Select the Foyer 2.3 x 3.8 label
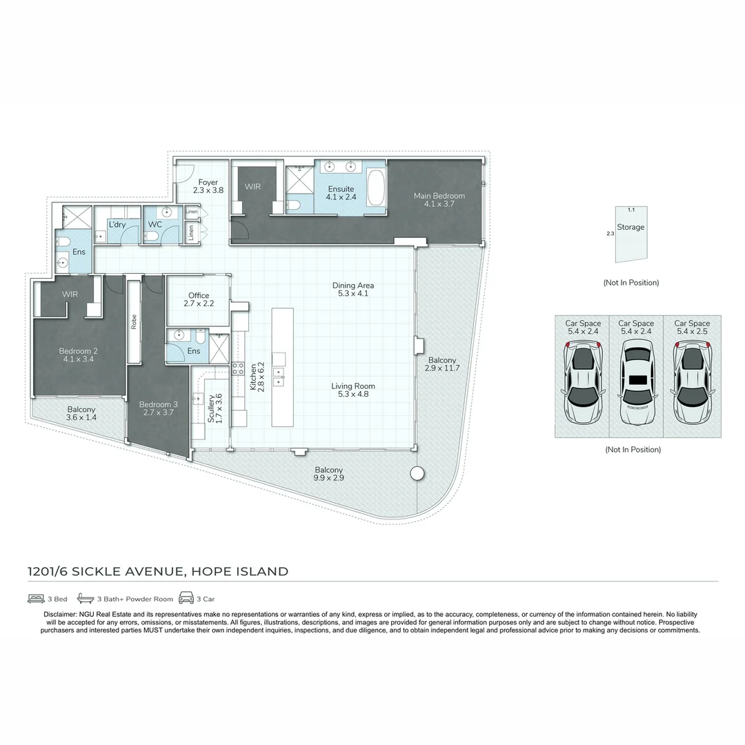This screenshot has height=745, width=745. click(208, 186)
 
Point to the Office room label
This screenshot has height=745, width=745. click(199, 299)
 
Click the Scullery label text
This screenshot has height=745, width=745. click(215, 408)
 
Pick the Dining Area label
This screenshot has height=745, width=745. click(353, 290)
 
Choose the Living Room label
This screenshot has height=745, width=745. click(353, 390)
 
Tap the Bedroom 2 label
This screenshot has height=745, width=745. click(78, 355)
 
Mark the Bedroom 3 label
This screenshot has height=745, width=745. click(155, 409)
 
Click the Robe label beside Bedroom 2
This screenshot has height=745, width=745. click(134, 323)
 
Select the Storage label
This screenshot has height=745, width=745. click(630, 227)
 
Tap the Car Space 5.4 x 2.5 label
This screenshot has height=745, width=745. click(692, 327)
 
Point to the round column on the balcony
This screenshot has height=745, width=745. click(417, 473)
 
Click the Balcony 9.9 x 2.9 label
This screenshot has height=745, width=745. click(328, 474)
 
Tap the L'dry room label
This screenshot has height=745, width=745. click(116, 224)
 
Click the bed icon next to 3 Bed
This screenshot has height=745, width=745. click(36, 598)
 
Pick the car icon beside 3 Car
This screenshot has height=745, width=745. click(186, 598)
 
